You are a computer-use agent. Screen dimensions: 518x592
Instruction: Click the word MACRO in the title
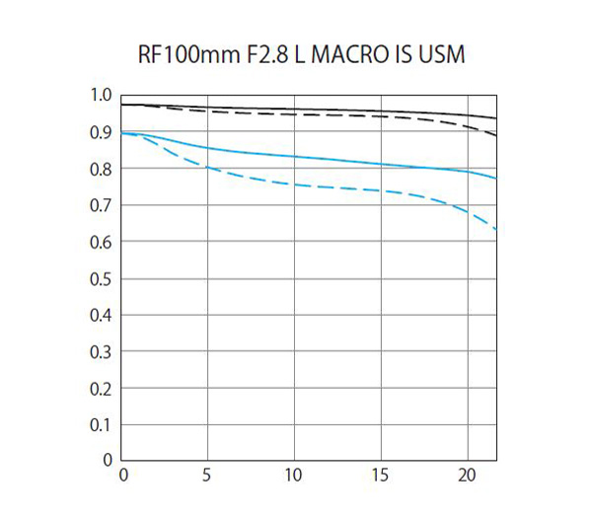[x=345, y=53]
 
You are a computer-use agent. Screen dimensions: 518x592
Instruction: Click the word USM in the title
[x=440, y=53]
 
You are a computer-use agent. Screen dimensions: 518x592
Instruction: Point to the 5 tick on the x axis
[x=206, y=475]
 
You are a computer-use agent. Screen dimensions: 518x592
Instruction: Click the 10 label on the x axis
[x=294, y=475]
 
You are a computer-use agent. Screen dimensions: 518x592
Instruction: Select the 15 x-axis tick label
[x=381, y=475]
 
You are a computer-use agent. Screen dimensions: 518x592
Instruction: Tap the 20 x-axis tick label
[x=468, y=475]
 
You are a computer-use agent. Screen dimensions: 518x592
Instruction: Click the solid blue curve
[x=296, y=157]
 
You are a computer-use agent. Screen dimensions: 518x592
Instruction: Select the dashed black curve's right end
[x=494, y=134]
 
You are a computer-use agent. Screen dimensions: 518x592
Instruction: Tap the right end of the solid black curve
[x=494, y=117]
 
